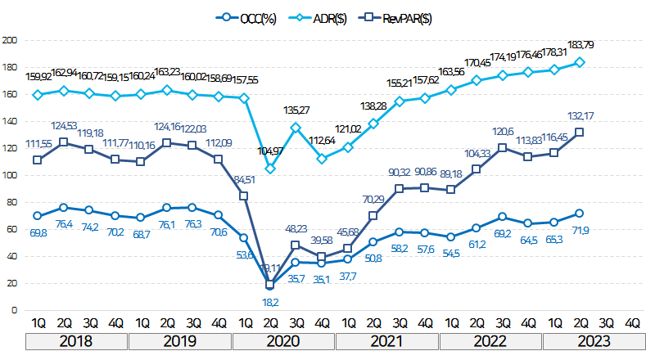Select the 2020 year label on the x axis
coord(283,341)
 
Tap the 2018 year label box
coord(76,341)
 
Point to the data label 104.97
coord(269,151)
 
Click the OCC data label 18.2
coord(270,301)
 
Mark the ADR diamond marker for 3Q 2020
coord(296,128)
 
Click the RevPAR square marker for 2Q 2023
coord(580,132)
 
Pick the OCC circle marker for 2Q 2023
coord(580,213)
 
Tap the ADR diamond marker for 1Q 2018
coord(37,95)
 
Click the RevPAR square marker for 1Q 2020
coord(244,196)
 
